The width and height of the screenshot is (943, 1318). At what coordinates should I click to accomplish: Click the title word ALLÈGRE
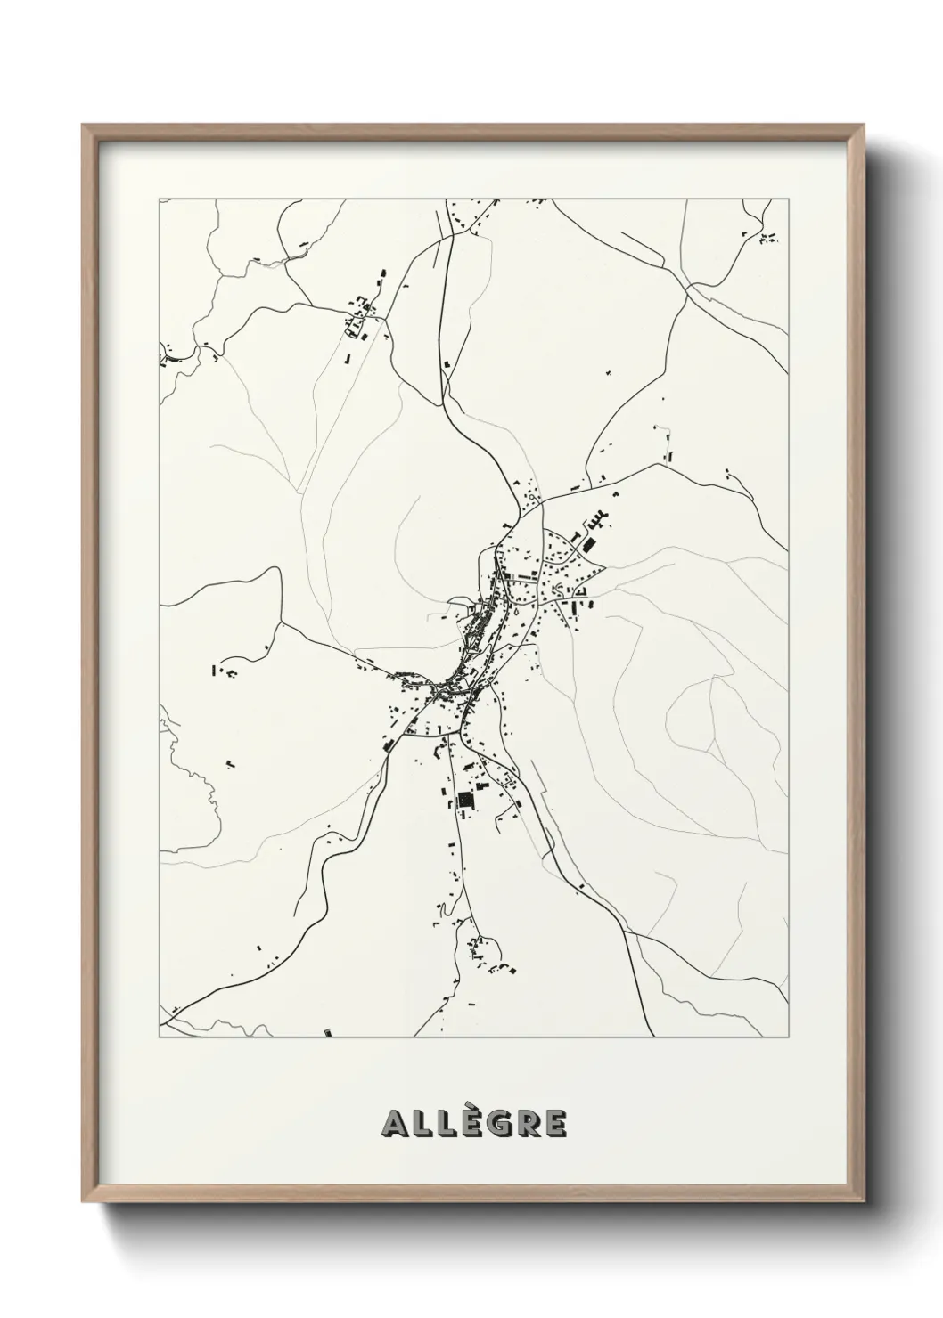click(473, 1123)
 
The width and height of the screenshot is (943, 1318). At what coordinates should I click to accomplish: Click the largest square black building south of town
click(463, 801)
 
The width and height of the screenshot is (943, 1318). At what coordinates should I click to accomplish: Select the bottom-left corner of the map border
click(160, 1037)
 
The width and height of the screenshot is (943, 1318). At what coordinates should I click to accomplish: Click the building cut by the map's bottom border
click(327, 1034)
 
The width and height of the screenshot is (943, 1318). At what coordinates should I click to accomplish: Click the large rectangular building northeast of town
click(588, 543)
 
